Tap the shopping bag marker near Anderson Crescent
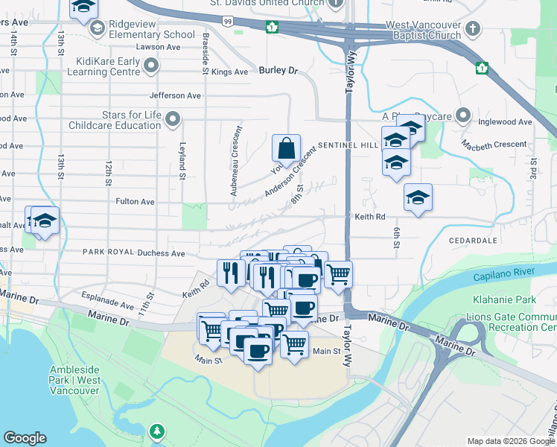(287, 150)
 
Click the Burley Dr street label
(278, 71)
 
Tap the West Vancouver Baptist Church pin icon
(471, 28)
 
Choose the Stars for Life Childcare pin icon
(173, 119)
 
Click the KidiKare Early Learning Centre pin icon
(151, 66)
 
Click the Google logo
(25, 438)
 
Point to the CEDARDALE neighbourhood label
(473, 241)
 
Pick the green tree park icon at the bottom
(157, 431)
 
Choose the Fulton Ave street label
(135, 202)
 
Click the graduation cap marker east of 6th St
(418, 197)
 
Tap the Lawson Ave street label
(164, 47)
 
